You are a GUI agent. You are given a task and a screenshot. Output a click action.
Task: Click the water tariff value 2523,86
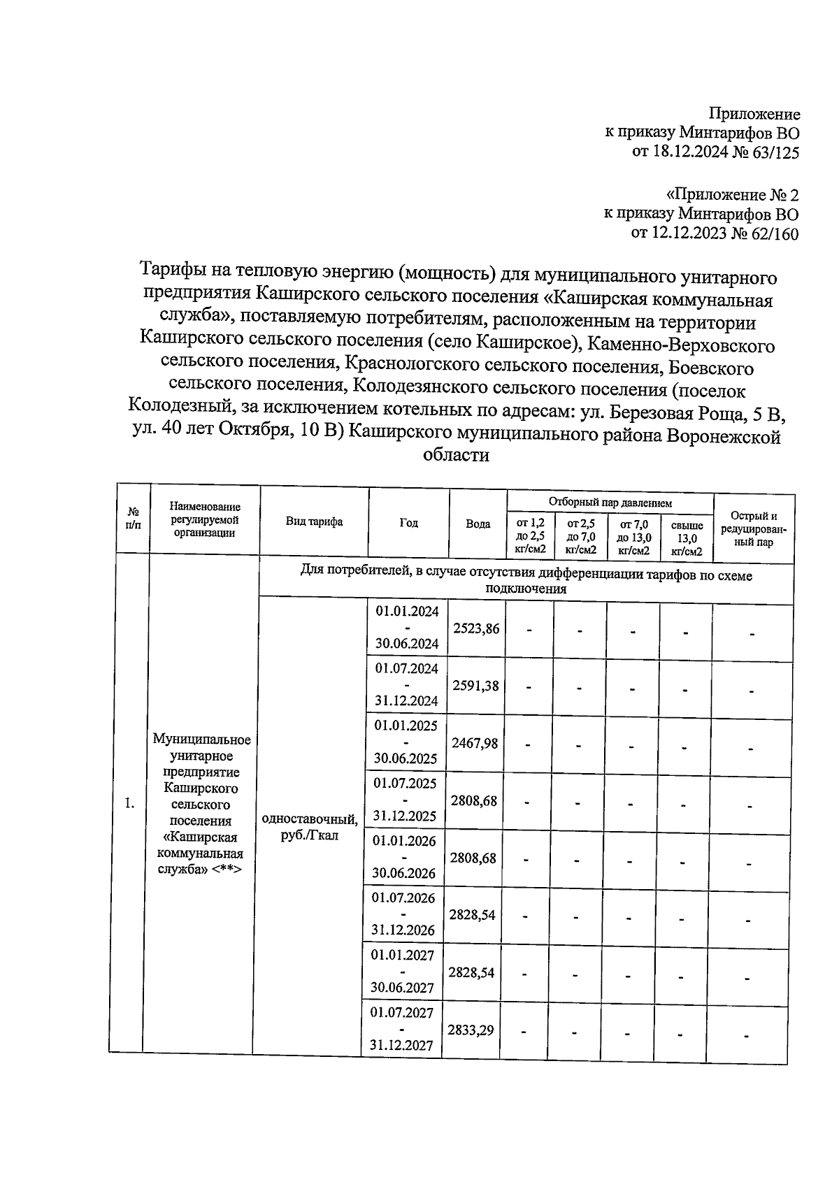click(476, 628)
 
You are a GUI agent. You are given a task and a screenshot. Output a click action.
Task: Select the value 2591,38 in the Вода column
click(475, 686)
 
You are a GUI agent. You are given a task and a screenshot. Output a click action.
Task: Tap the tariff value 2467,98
click(475, 743)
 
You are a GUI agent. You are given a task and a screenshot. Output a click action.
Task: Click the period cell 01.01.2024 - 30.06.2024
click(408, 628)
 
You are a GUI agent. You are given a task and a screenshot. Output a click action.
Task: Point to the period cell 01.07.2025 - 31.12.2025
click(406, 800)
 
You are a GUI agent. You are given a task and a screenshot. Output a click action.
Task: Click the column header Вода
click(478, 524)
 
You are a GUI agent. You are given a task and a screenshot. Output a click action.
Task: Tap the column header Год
click(409, 523)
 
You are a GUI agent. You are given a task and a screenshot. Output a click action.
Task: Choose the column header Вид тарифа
click(314, 522)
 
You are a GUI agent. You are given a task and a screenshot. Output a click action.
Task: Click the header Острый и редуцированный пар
click(754, 528)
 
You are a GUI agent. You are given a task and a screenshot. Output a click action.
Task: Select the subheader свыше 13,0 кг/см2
click(687, 538)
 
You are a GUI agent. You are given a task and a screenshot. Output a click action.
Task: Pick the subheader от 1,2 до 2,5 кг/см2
click(530, 536)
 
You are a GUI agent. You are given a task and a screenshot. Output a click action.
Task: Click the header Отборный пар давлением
click(610, 503)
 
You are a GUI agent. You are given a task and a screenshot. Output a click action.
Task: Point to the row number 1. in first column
click(129, 803)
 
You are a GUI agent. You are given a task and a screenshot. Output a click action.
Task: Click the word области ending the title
click(456, 456)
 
